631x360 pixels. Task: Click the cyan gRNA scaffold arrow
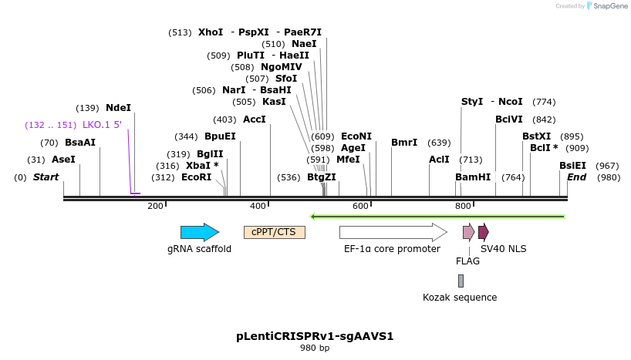(x=199, y=232)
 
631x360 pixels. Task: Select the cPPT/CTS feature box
(x=275, y=232)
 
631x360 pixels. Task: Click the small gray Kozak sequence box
(x=461, y=281)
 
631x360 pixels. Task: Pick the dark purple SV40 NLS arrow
(x=483, y=232)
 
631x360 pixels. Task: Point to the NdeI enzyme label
(x=119, y=108)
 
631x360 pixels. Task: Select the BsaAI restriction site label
(x=80, y=143)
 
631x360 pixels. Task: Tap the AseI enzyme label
(x=63, y=160)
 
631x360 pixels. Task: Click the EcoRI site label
(x=196, y=177)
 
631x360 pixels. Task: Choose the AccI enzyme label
(x=255, y=119)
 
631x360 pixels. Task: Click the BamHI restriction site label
(x=473, y=177)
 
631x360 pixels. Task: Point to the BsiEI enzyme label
(x=572, y=166)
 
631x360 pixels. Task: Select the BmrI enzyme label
(x=404, y=143)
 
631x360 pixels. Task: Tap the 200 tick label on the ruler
(x=155, y=206)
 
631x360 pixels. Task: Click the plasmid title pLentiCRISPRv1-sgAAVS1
(x=315, y=337)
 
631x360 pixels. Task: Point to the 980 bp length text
(x=315, y=348)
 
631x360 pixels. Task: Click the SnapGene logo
(x=608, y=6)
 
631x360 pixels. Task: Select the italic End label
(x=576, y=177)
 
